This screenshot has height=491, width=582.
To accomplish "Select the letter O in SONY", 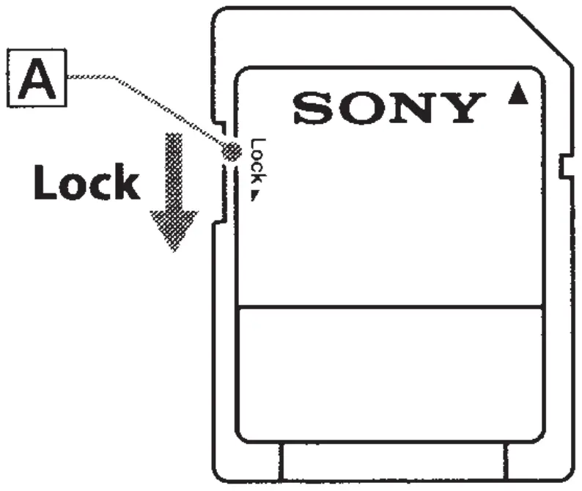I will (x=356, y=108).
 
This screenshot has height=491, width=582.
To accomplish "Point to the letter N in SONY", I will (x=405, y=108).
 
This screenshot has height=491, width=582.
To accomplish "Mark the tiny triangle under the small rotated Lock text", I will (x=257, y=196).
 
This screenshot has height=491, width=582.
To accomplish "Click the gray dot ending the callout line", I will (x=232, y=152).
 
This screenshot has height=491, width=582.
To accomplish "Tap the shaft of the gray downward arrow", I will (x=174, y=169).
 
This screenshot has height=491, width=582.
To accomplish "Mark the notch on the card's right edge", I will (x=565, y=167).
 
